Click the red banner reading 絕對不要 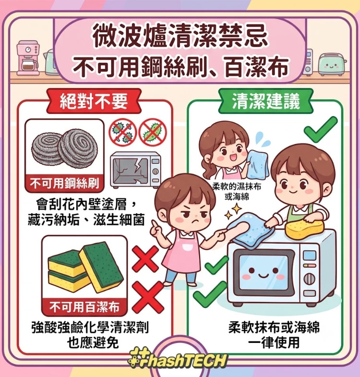(94, 101)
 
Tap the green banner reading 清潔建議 (266, 101)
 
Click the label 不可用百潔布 (84, 307)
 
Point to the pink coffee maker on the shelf (28, 58)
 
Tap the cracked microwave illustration (135, 170)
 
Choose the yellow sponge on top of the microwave (303, 229)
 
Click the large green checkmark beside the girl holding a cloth (321, 129)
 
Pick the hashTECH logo (177, 360)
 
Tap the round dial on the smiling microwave (310, 279)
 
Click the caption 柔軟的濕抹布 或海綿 (237, 192)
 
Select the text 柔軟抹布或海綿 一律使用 (274, 335)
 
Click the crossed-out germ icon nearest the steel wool (122, 132)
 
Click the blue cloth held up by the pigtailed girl (258, 163)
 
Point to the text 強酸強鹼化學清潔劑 (90, 327)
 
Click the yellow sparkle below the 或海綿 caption (237, 209)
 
